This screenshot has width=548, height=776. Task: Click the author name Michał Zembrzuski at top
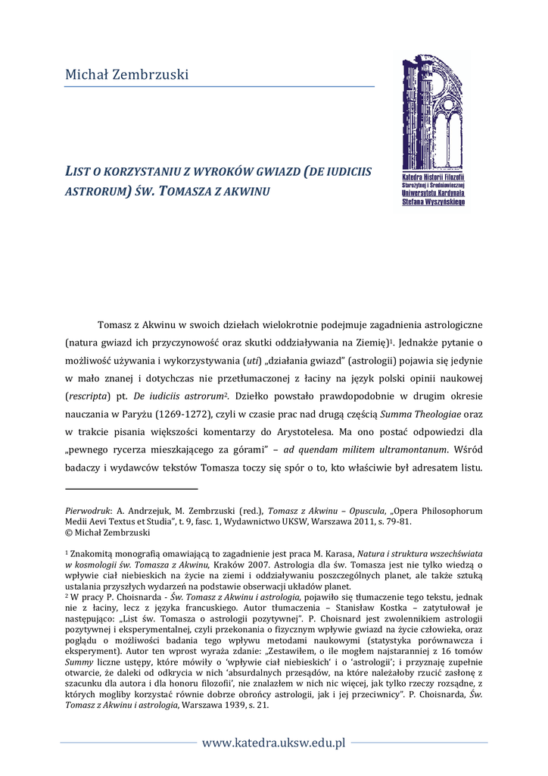point(126,74)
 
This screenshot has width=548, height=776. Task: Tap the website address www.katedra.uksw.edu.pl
point(273,742)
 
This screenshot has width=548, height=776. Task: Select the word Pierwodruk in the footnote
point(89,511)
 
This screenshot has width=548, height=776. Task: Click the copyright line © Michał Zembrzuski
point(107,532)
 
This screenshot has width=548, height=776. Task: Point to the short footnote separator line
point(130,490)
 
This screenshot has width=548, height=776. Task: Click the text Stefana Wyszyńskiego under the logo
point(434,202)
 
